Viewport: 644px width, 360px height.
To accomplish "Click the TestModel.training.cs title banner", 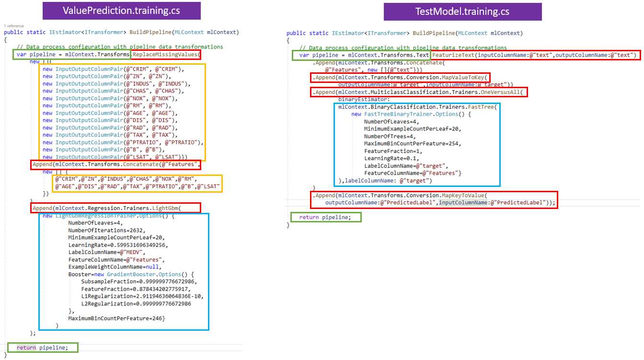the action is click(x=462, y=12).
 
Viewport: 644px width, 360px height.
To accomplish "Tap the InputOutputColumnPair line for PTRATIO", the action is click(x=123, y=142).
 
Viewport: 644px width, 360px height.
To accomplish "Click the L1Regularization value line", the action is click(x=142, y=296).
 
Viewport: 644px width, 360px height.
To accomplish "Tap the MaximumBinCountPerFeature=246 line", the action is click(x=117, y=318).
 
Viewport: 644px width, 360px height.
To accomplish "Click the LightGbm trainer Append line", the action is click(x=115, y=208).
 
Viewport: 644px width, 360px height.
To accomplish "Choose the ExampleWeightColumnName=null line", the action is click(x=115, y=267).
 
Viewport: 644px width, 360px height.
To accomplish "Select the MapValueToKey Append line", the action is click(x=400, y=78).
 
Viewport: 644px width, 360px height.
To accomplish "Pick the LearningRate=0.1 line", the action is click(x=391, y=158).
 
